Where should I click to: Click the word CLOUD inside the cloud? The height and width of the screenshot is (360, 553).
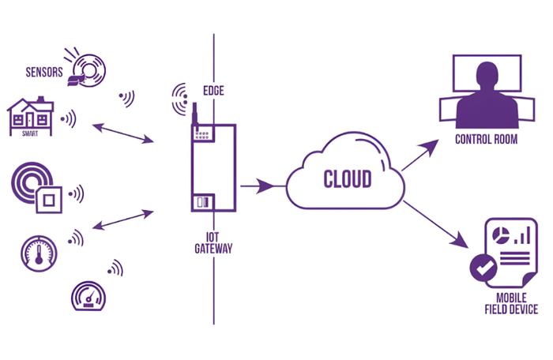click(347, 179)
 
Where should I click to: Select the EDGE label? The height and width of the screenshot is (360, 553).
click(213, 91)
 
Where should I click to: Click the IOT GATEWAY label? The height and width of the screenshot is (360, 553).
click(213, 242)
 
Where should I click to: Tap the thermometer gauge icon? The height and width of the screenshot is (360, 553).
click(39, 252)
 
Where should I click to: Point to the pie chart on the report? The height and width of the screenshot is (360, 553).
click(501, 234)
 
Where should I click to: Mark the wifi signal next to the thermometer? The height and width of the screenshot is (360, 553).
click(77, 237)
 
